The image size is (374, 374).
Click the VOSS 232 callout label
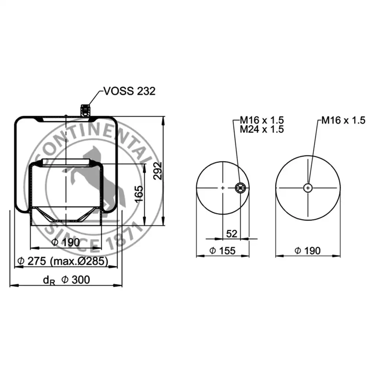pos(130,91)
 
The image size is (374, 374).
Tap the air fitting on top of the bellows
pos(85,110)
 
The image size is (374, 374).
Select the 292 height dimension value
pos(158,171)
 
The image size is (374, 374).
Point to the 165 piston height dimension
pos(139,194)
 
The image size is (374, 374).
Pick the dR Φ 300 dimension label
pos(66,280)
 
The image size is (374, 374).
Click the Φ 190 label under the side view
pos(66,243)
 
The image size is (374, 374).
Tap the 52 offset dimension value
pos(232,234)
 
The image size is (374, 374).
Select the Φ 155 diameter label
pos(222,251)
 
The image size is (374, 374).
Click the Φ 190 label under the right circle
pos(308,251)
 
